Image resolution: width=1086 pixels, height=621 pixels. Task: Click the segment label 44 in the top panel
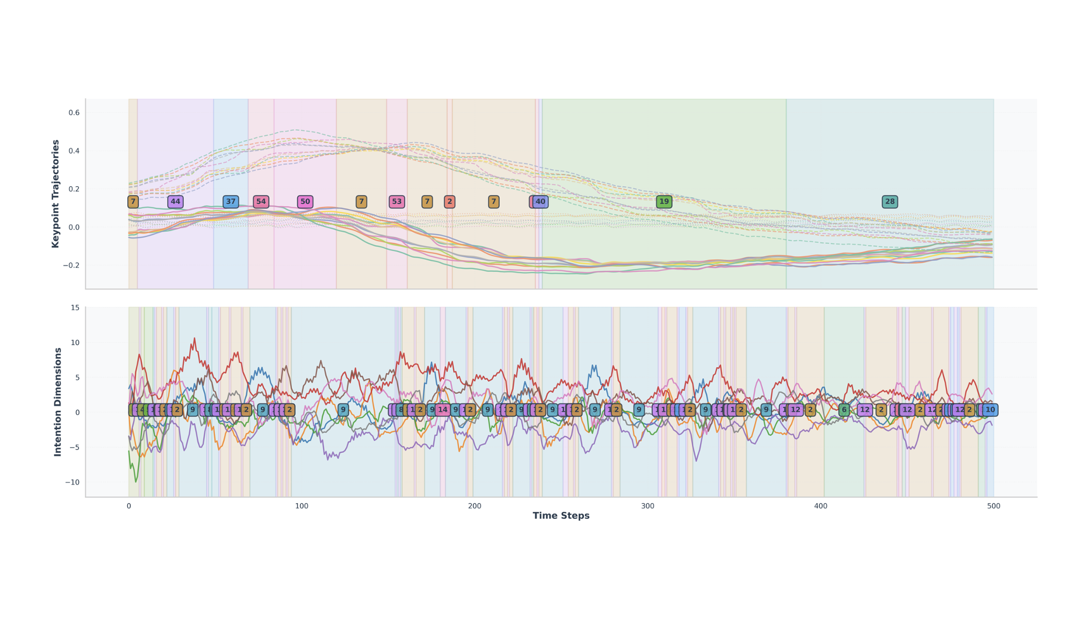175,202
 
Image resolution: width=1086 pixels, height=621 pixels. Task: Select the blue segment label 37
231,202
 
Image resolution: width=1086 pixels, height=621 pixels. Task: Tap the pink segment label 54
261,202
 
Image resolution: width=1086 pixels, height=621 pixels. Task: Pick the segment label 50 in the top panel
305,202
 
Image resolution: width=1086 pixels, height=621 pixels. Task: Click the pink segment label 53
396,202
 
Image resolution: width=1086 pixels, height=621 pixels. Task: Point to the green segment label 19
664,202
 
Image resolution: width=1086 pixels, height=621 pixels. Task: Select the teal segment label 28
889,202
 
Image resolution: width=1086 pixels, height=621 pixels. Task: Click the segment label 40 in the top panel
541,202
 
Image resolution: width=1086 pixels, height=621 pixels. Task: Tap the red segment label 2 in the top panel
449,202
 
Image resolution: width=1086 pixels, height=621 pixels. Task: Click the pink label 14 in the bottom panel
443,410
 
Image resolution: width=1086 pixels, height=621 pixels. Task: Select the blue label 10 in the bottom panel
990,410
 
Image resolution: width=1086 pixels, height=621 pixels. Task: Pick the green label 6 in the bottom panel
844,410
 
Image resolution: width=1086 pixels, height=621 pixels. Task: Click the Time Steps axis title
561,516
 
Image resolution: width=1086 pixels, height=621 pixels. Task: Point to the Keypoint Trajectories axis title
56,194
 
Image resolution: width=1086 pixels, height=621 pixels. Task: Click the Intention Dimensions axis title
58,402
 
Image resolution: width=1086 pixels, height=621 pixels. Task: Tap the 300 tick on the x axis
648,506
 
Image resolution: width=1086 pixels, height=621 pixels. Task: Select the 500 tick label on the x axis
993,506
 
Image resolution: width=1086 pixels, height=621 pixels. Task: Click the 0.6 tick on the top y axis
74,113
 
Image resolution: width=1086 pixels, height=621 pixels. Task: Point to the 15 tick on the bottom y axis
75,308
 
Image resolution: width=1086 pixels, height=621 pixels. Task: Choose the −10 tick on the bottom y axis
72,482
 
